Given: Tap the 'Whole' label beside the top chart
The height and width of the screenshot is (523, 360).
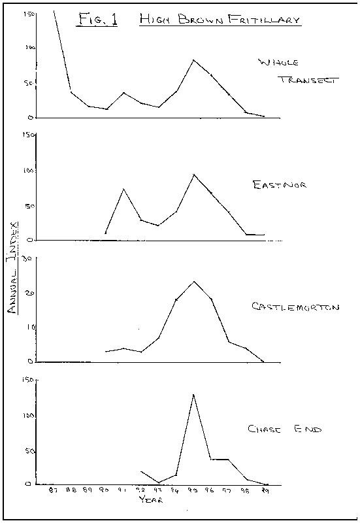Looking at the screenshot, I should coord(278,63).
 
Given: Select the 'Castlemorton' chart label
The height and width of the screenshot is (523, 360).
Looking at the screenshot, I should coord(295,307).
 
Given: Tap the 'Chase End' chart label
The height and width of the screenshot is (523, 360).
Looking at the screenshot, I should coord(284,430).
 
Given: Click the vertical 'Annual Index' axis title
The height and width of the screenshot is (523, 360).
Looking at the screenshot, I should coord(12,267).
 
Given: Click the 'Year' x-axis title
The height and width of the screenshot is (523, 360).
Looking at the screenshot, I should coord(150,500).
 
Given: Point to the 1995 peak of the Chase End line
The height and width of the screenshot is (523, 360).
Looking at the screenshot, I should coord(193,394).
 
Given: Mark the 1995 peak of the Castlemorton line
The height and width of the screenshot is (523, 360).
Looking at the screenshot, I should coord(194,282).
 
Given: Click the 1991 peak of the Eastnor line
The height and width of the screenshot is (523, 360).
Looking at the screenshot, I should coord(123,189).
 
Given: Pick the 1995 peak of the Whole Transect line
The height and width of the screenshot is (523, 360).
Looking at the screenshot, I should coord(193,60).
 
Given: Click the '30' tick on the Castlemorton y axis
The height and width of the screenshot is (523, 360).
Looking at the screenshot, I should coord(28,258).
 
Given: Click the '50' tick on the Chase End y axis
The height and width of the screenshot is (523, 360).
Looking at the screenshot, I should coord(27,451).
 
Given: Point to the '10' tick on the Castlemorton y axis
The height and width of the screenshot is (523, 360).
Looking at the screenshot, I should coord(28,328).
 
